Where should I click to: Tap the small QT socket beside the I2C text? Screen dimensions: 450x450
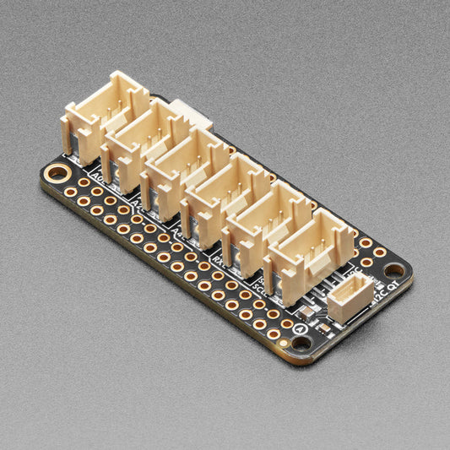350,297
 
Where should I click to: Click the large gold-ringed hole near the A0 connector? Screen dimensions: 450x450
57,173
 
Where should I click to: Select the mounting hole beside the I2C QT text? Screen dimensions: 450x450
394,270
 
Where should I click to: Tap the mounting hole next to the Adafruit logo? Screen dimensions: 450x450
301,343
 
